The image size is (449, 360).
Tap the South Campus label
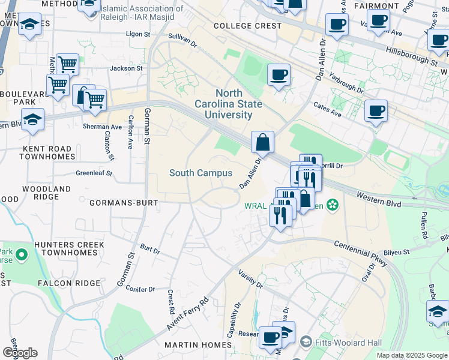pos(200,173)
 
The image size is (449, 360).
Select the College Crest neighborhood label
pos(247,26)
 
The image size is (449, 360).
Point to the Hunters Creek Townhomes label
pos(69,249)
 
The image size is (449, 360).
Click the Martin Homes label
pos(197,345)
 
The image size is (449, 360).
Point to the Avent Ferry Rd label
pos(188,314)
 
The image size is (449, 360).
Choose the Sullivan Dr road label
pos(182,40)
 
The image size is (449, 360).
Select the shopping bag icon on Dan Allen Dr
pos(262,143)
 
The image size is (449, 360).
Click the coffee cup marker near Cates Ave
pos(376,111)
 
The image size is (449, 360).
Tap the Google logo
pos(20,353)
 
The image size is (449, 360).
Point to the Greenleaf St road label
pos(94,173)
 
